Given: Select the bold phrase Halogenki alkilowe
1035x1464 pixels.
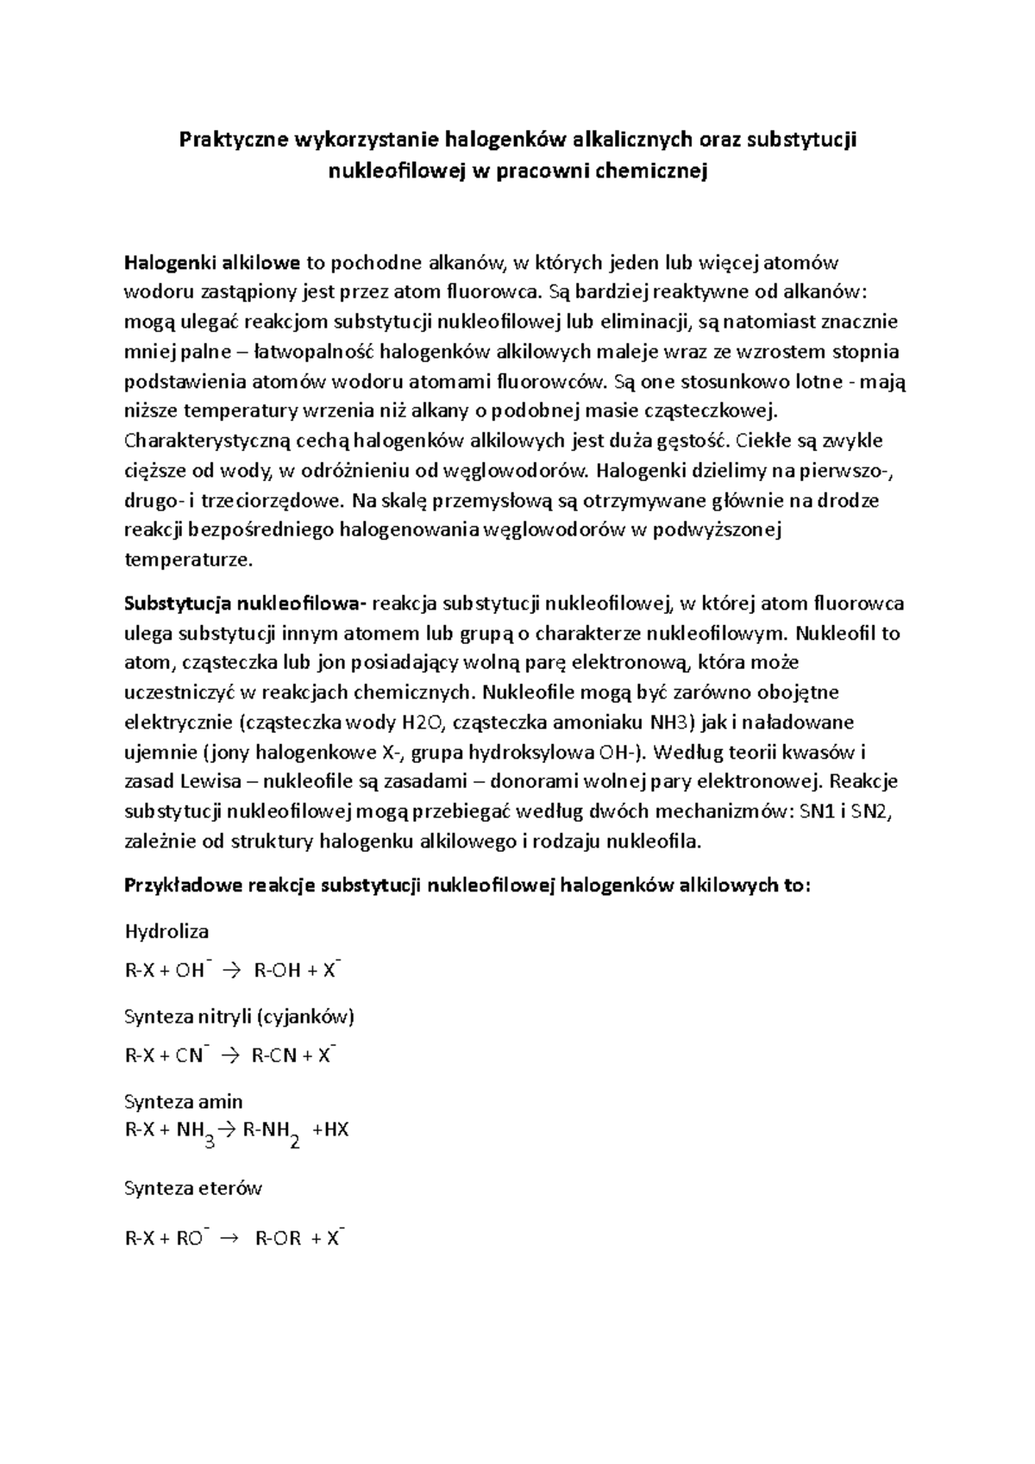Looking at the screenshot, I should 213,262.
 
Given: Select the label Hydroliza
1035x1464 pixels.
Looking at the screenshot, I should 167,932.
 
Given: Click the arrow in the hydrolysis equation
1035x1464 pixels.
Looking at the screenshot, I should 233,971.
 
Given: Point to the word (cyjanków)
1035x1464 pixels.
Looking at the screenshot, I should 306,1017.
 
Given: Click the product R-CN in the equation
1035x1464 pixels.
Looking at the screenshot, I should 274,1056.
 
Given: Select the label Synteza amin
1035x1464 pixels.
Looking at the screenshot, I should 184,1102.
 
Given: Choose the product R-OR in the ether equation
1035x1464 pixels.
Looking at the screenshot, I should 278,1240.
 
